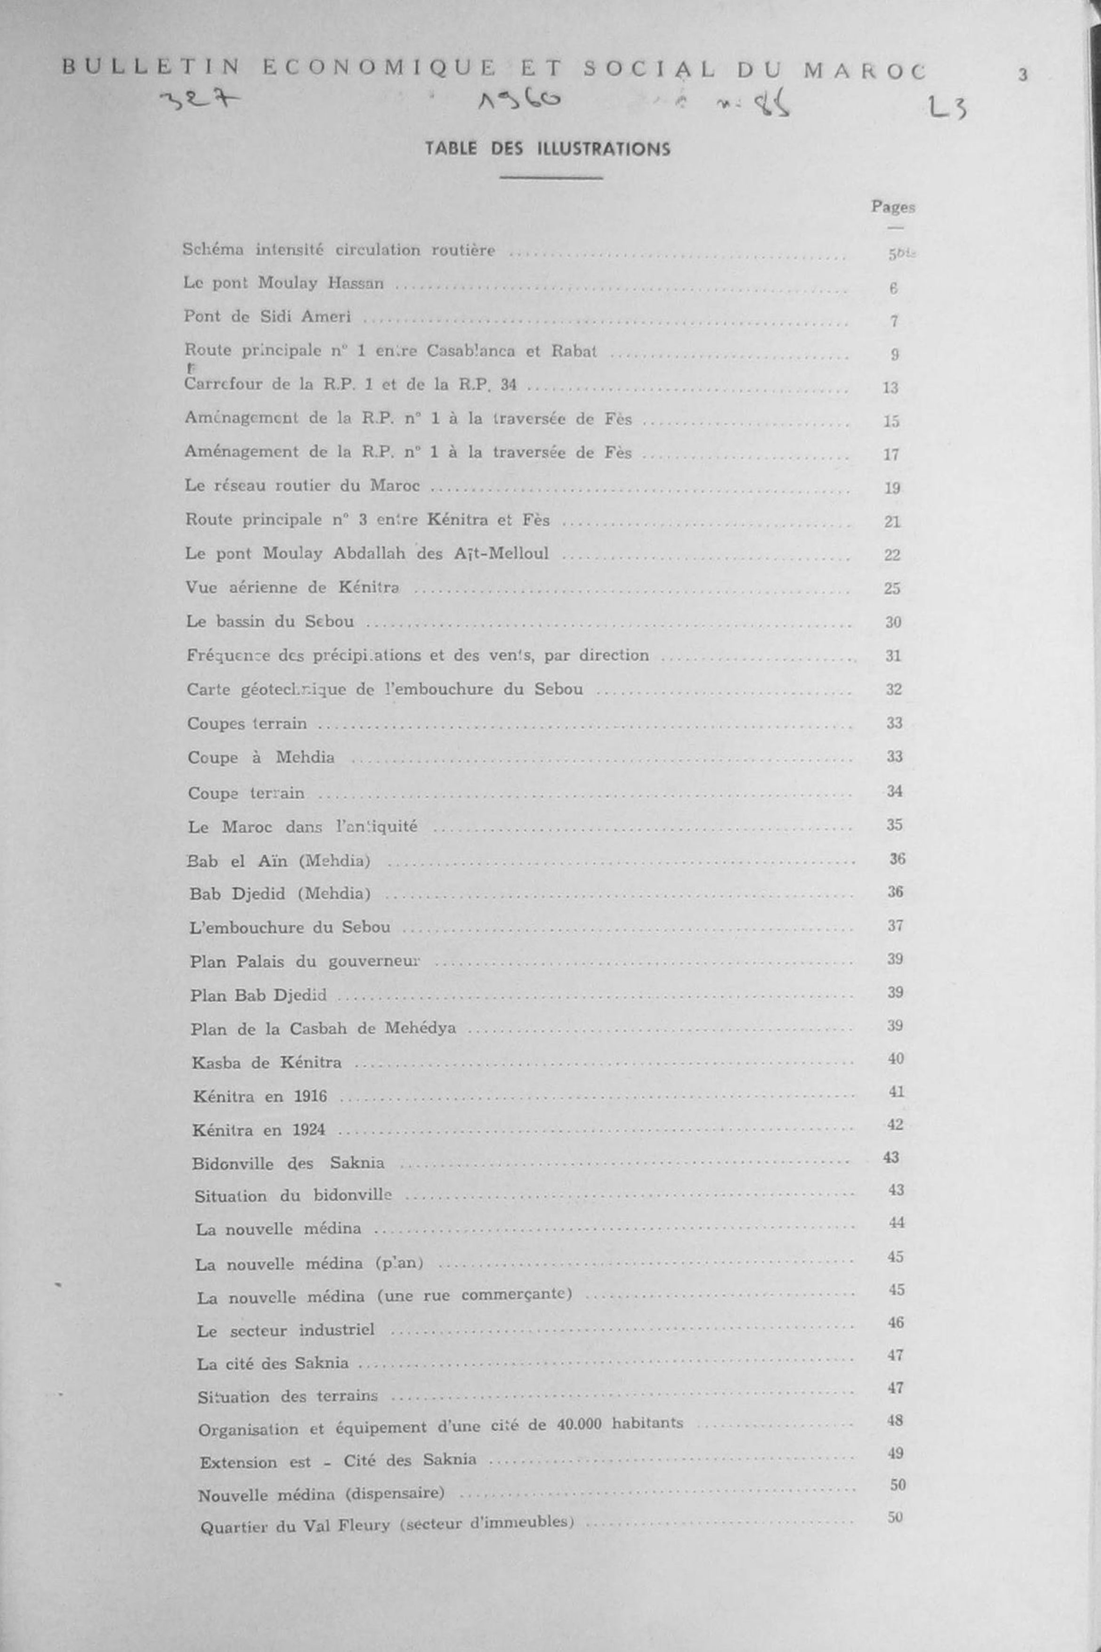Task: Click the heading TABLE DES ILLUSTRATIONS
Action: click(x=547, y=149)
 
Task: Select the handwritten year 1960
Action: click(x=519, y=102)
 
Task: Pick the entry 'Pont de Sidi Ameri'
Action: click(x=267, y=316)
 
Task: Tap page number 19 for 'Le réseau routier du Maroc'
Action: click(x=892, y=488)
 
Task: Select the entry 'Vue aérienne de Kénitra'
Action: click(x=293, y=588)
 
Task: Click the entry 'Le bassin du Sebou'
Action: click(x=270, y=621)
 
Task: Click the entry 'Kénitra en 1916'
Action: click(x=260, y=1096)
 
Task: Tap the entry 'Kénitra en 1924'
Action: click(x=259, y=1130)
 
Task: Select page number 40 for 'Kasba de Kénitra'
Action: click(x=895, y=1058)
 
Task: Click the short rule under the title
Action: click(x=551, y=178)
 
